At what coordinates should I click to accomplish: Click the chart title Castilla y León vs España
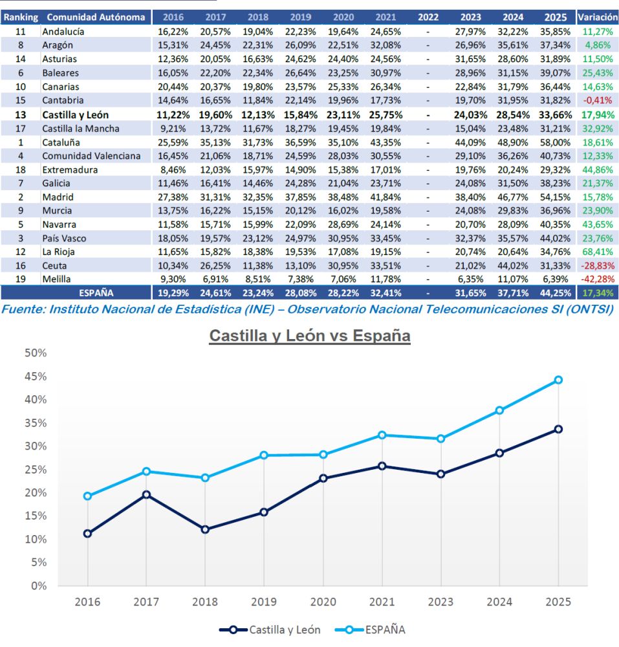(x=309, y=336)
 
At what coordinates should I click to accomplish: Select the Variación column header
(x=596, y=17)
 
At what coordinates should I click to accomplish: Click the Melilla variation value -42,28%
(x=596, y=279)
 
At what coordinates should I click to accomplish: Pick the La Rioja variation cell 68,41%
(x=596, y=252)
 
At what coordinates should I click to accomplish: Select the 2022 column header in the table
(x=428, y=17)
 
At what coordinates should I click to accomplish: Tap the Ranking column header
(x=21, y=17)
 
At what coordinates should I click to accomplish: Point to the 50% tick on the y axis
(x=36, y=353)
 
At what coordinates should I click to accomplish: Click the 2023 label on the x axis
(x=440, y=602)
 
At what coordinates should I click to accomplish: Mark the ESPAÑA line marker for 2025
(x=558, y=380)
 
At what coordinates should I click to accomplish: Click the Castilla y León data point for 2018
(x=205, y=529)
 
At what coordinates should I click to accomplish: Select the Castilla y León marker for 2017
(x=146, y=494)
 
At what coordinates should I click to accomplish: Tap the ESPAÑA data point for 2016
(x=87, y=496)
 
